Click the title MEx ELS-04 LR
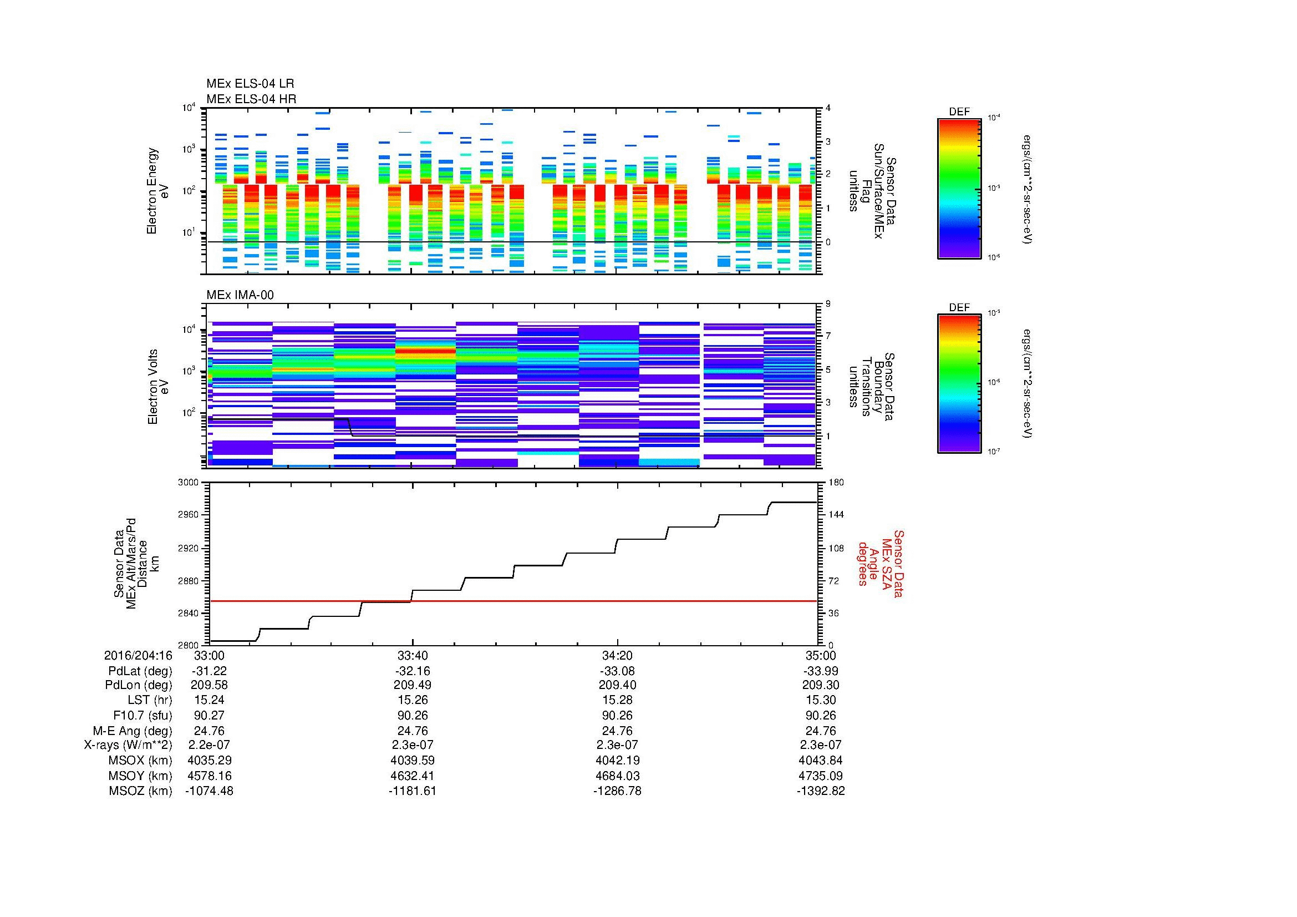tap(250, 84)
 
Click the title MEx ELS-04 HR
tap(251, 99)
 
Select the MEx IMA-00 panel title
tap(240, 295)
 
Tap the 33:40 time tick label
tap(413, 655)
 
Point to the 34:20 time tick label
tap(617, 655)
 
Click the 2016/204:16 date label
tap(138, 655)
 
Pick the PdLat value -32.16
tap(413, 671)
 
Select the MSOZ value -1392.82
tap(820, 791)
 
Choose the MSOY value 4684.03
tap(617, 776)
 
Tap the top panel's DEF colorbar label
tap(959, 112)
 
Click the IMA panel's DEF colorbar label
tap(959, 307)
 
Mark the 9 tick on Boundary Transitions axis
tap(828, 304)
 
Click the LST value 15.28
tap(617, 700)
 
